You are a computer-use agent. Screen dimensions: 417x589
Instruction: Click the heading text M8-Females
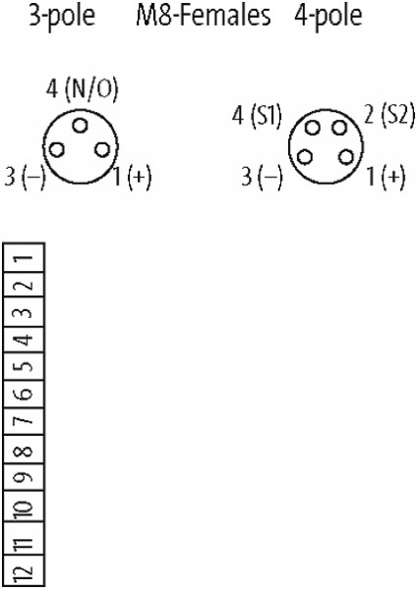coord(204,16)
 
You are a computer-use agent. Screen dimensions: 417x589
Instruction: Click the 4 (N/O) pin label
coord(82,89)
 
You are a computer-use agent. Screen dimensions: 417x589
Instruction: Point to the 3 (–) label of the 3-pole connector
coord(25,177)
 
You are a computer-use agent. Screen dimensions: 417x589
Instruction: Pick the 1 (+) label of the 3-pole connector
coord(133,177)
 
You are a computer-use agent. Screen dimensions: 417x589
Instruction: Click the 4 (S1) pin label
coord(257,115)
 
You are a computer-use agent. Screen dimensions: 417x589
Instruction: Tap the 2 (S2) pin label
coord(390,115)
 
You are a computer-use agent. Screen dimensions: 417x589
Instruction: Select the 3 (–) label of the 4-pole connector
coord(262,177)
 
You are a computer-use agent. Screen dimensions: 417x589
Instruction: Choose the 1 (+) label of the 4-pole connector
coord(387,177)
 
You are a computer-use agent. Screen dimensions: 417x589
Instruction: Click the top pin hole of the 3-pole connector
coord(80,126)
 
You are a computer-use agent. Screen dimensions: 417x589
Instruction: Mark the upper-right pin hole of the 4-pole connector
coord(339,128)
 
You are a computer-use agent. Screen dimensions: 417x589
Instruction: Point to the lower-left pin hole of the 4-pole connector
coord(305,157)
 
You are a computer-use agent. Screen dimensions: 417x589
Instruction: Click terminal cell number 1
coord(24,257)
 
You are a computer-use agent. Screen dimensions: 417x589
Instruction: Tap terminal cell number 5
coord(24,367)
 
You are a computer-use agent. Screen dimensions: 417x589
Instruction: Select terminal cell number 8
coord(24,450)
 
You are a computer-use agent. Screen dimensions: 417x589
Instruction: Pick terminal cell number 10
coord(24,508)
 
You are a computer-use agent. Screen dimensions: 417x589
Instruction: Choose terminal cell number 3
coord(24,312)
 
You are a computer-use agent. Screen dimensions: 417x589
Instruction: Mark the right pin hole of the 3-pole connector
coord(102,149)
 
